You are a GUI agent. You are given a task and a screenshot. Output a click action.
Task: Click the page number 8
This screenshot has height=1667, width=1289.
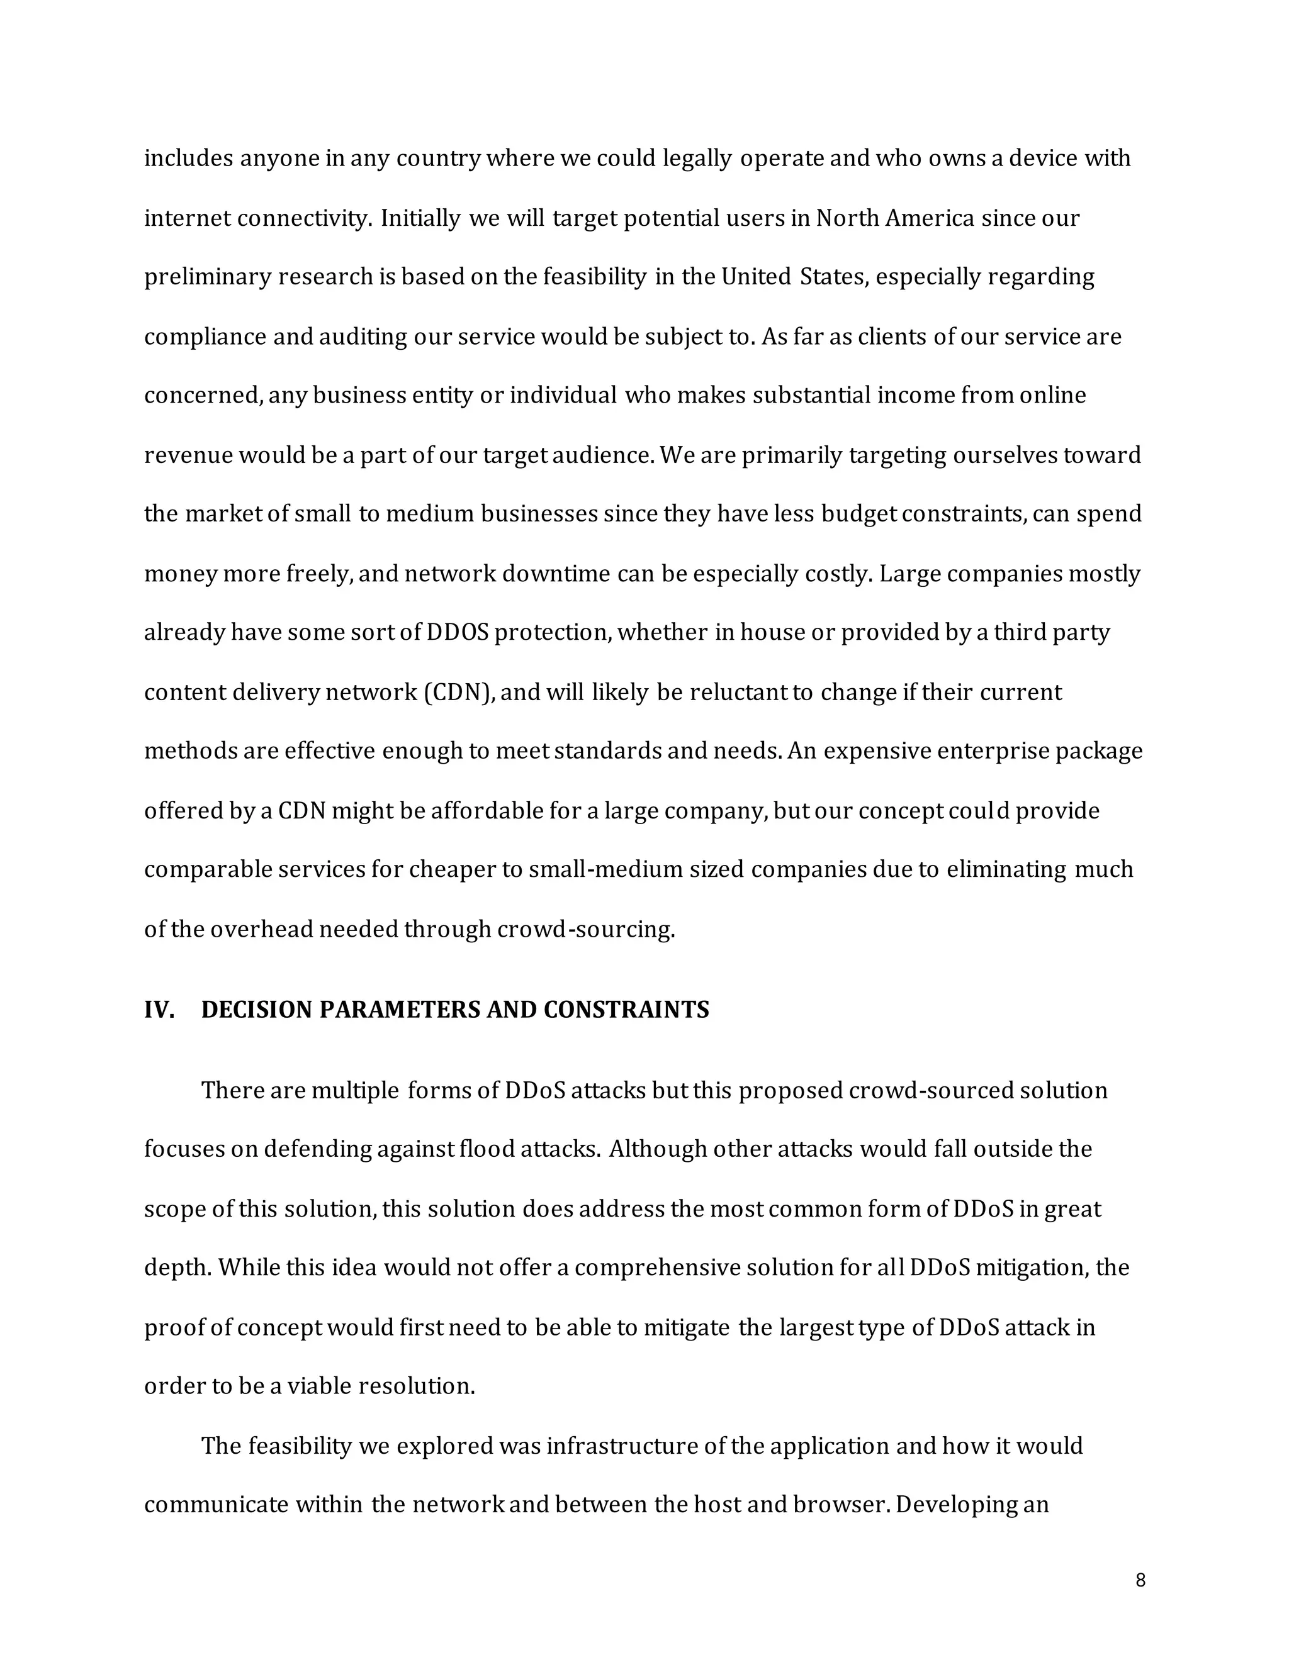click(x=1140, y=1581)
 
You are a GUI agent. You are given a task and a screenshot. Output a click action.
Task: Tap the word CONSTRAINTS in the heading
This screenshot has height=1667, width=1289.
click(x=626, y=1010)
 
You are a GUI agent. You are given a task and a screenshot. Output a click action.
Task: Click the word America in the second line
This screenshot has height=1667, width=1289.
click(x=930, y=218)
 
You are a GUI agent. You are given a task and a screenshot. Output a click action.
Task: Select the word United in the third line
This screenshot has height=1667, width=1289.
click(x=756, y=276)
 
